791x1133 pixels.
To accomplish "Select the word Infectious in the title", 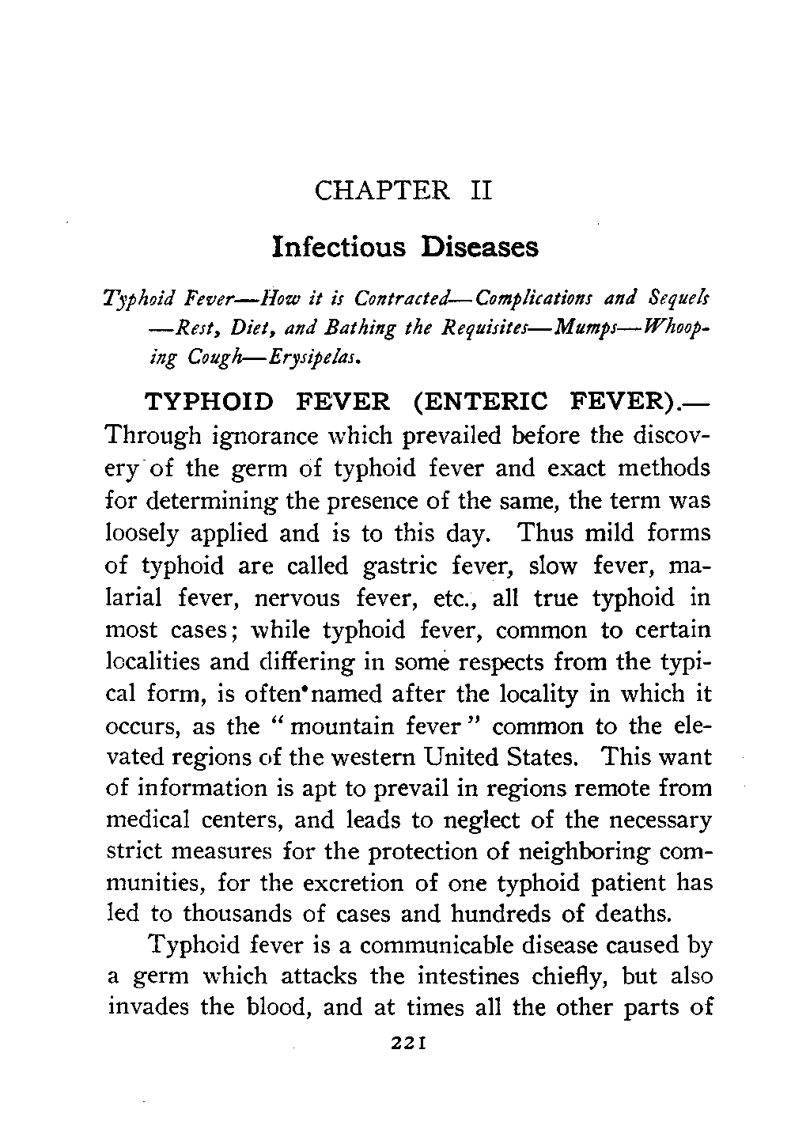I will pyautogui.click(x=339, y=247).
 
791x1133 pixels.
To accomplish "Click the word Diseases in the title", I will pyautogui.click(x=480, y=247).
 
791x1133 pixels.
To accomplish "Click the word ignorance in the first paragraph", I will pyautogui.click(x=252, y=436).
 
